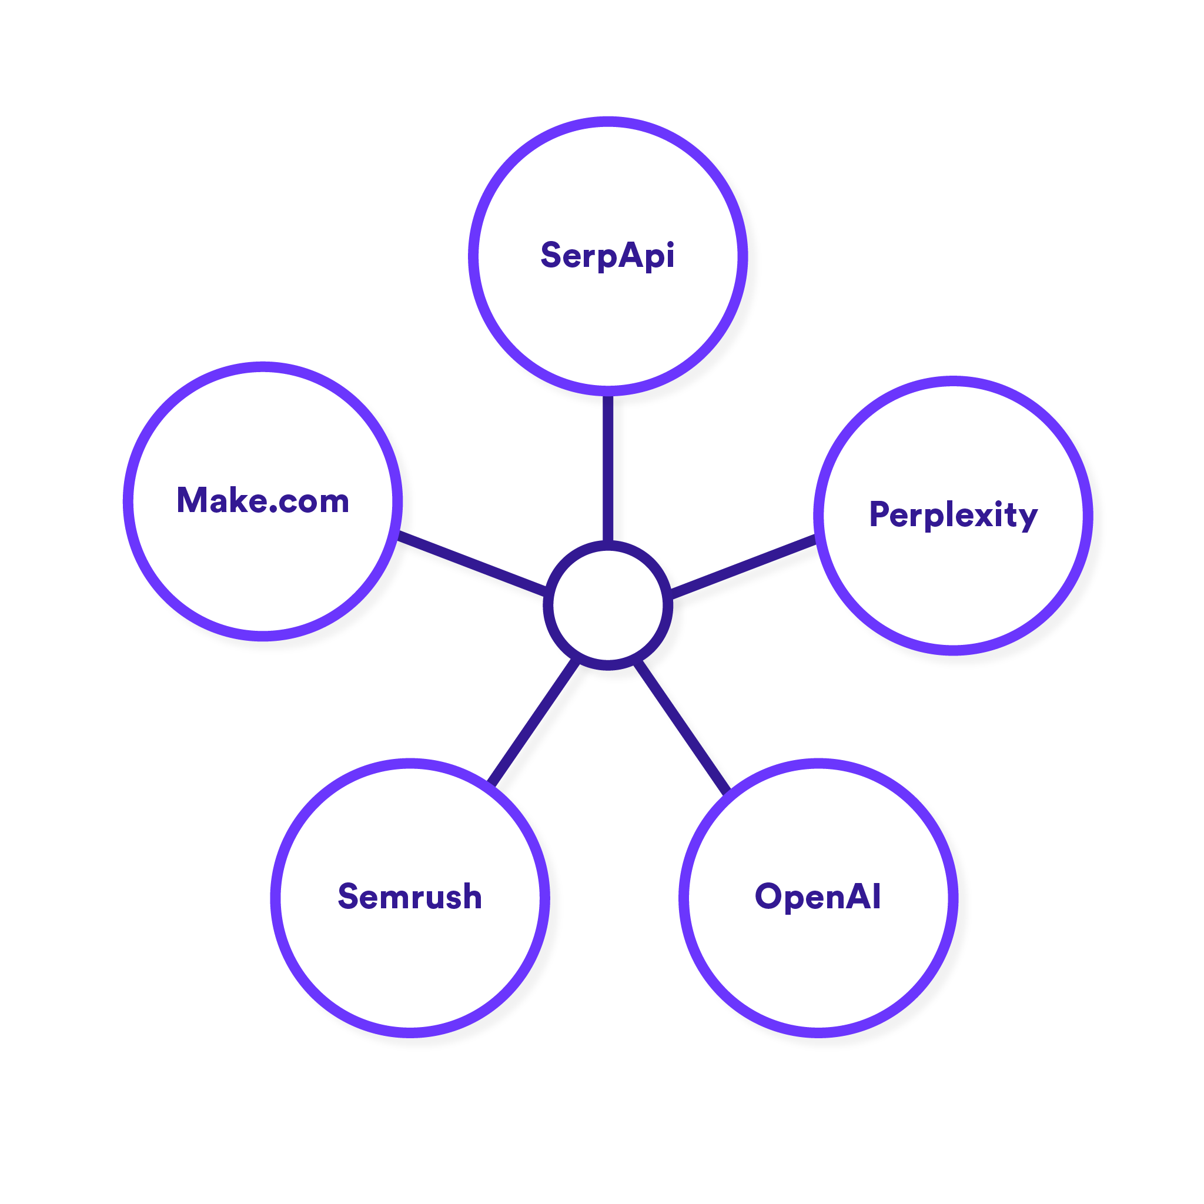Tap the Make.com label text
(x=263, y=500)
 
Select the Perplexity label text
(x=954, y=515)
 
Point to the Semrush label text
(x=410, y=897)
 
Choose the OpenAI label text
(x=818, y=897)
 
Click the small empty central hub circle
(x=608, y=605)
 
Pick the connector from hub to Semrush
(x=536, y=724)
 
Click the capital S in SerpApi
(x=551, y=255)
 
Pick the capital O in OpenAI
(x=768, y=897)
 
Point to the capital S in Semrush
(x=349, y=897)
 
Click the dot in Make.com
(x=273, y=509)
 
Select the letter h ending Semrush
(x=471, y=897)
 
